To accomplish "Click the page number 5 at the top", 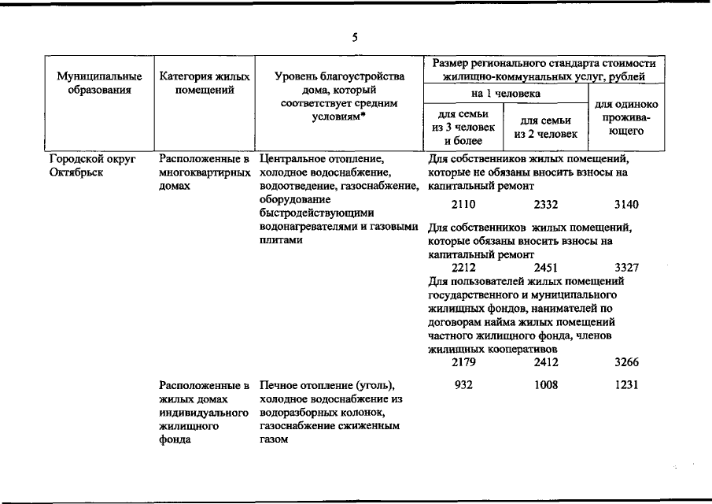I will point(355,37).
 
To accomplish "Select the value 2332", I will point(545,205).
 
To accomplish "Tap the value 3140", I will point(626,205).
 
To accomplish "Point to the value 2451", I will point(545,268).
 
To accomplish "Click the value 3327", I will point(626,268).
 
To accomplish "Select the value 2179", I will point(464,362).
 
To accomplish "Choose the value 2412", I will point(545,362).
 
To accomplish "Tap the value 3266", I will point(626,362).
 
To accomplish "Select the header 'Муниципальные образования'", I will point(99,83).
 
